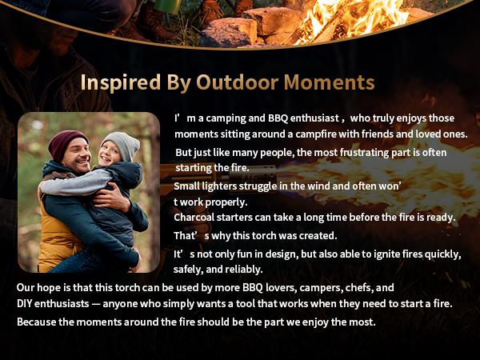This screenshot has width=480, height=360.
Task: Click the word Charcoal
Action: pyautogui.click(x=197, y=218)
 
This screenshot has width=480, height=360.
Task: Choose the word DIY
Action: pyautogui.click(x=26, y=304)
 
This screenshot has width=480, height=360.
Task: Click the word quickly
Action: pyautogui.click(x=439, y=254)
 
